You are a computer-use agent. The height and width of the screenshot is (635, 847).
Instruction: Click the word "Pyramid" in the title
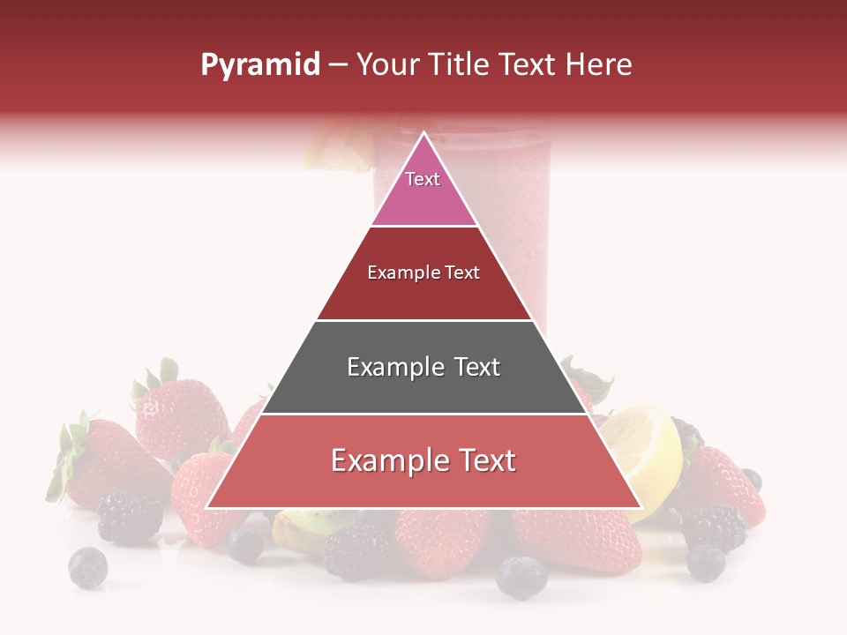click(260, 65)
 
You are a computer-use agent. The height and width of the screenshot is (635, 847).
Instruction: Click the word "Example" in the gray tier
click(388, 367)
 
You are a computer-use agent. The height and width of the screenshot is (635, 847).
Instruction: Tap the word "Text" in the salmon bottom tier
click(481, 460)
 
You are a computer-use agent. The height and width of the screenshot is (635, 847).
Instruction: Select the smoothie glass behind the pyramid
click(512, 220)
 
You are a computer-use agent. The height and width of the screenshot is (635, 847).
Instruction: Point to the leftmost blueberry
click(88, 567)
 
